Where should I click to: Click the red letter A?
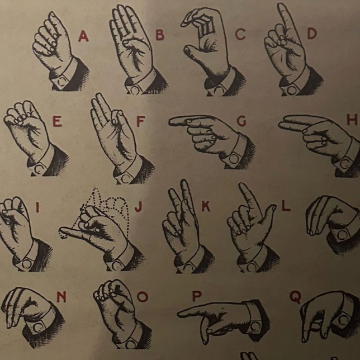pyautogui.click(x=83, y=36)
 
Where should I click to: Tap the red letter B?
pyautogui.click(x=160, y=35)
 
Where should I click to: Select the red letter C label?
pyautogui.click(x=240, y=35)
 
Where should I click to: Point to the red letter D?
pyautogui.click(x=312, y=34)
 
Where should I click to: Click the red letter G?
pyautogui.click(x=241, y=121)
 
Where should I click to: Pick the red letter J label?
pyautogui.click(x=139, y=206)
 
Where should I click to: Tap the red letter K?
pyautogui.click(x=206, y=206)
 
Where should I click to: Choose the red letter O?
pyautogui.click(x=143, y=297)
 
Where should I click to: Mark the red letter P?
pyautogui.click(x=197, y=296)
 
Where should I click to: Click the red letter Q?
pyautogui.click(x=295, y=297)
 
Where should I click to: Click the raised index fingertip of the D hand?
pyautogui.click(x=281, y=5)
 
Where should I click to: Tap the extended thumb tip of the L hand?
pyautogui.click(x=273, y=207)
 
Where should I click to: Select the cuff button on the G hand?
pyautogui.click(x=234, y=159)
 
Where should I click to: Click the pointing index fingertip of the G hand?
pyautogui.click(x=171, y=121)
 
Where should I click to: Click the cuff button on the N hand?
pyautogui.click(x=38, y=328)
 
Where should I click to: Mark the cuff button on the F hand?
pyautogui.click(x=125, y=179)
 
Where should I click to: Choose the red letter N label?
pyautogui.click(x=61, y=297)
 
